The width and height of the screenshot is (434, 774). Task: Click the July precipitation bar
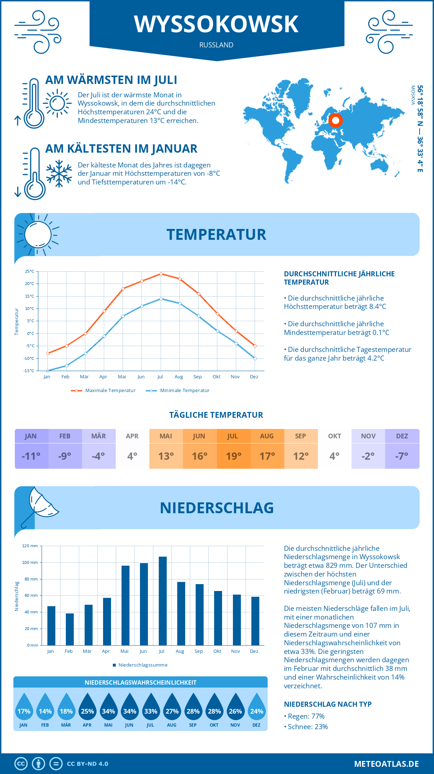[163, 601]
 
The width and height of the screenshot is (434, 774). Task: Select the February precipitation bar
[70, 629]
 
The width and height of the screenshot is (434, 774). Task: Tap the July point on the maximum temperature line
[161, 274]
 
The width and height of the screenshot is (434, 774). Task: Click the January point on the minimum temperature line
[48, 371]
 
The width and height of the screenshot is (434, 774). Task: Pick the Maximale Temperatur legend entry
[103, 391]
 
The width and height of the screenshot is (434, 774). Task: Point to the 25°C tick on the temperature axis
[30, 271]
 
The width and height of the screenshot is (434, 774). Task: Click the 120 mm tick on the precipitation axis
[30, 546]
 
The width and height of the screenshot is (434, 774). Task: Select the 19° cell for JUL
[234, 456]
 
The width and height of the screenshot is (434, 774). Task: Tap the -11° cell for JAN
[31, 456]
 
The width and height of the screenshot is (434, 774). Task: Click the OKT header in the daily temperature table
[335, 436]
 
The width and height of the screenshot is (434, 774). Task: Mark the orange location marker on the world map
[335, 120]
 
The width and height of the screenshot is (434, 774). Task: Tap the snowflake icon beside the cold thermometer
[59, 174]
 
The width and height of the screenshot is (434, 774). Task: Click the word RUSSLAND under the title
[216, 45]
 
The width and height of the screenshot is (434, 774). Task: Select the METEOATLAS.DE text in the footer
[386, 764]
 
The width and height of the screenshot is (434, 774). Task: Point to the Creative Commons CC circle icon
[21, 764]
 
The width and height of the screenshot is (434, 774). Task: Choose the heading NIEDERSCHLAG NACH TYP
[328, 704]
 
